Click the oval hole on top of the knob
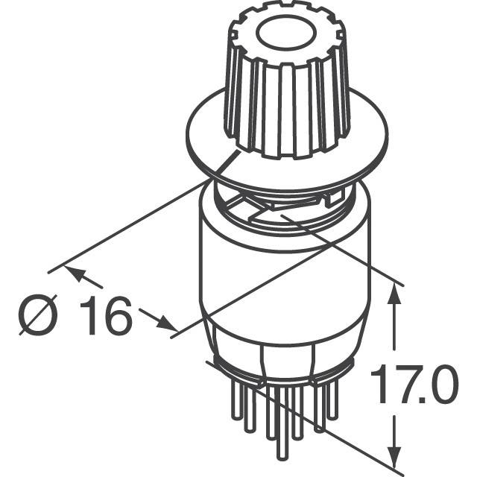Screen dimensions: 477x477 [286, 33]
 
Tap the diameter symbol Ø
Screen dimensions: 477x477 [38, 315]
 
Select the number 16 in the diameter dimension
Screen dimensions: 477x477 [106, 315]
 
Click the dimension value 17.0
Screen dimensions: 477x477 [414, 385]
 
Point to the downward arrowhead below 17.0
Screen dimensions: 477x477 [394, 455]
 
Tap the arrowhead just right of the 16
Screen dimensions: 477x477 [165, 323]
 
